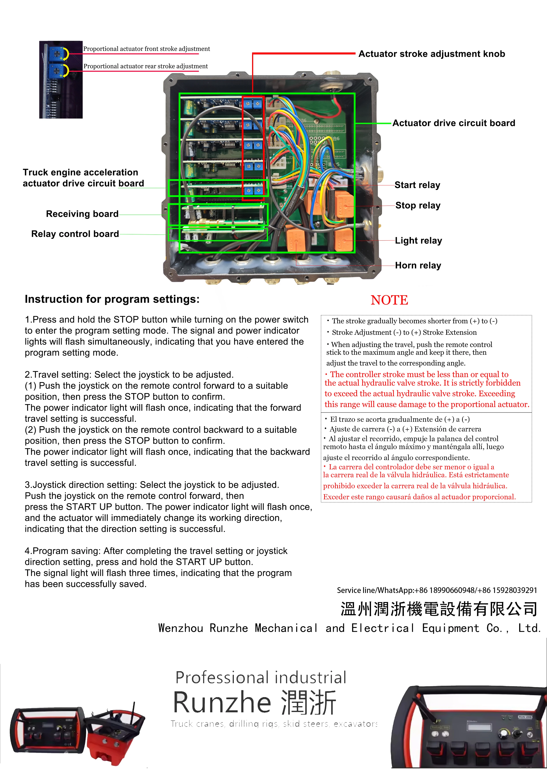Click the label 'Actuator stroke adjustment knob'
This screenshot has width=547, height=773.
point(432,54)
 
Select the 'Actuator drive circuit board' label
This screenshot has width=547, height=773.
point(454,123)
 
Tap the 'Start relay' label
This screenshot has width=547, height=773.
point(417,185)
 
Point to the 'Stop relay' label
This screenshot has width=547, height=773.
point(418,205)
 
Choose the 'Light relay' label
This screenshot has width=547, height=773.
point(418,241)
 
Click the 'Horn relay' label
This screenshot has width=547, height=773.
point(418,265)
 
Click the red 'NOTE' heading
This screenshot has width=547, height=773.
point(389,300)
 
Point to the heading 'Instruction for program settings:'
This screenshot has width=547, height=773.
point(112,299)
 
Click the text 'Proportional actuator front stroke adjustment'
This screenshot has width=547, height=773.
point(147,49)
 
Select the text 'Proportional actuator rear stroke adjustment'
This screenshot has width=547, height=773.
point(146,66)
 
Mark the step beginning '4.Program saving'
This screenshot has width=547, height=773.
point(158,567)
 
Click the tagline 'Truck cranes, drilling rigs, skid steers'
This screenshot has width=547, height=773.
point(274,724)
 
